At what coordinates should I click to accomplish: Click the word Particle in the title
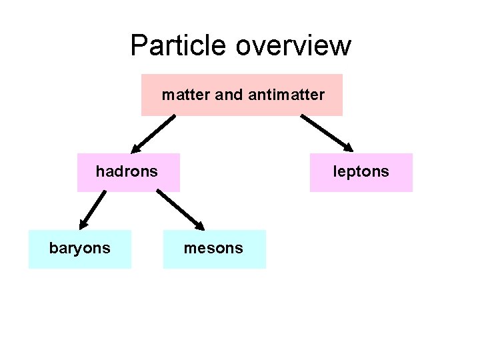point(179,45)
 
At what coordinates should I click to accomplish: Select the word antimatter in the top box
point(286,95)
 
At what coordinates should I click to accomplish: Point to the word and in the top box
point(229,95)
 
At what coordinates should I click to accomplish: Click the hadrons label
point(127,171)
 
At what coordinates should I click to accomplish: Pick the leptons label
point(361,171)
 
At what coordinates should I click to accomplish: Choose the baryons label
point(79,248)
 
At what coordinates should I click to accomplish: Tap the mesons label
point(213,248)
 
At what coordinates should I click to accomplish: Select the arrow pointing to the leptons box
point(327,133)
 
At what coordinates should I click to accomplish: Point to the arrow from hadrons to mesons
point(180,209)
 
